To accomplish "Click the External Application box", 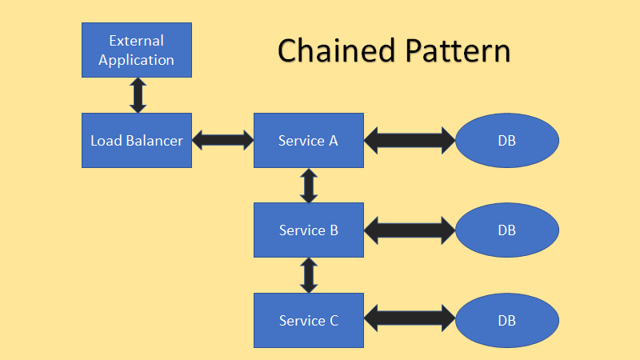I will pyautogui.click(x=137, y=50).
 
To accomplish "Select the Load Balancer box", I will pyautogui.click(x=137, y=140).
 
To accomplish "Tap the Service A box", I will pyautogui.click(x=309, y=140).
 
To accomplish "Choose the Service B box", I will pyautogui.click(x=309, y=230).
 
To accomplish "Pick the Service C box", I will pyautogui.click(x=309, y=320).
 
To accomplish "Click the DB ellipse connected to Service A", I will pyautogui.click(x=506, y=140).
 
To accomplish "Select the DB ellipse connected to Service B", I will pyautogui.click(x=506, y=230).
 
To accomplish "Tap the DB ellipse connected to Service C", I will pyautogui.click(x=506, y=320).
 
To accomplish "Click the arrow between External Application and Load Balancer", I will pyautogui.click(x=138, y=95).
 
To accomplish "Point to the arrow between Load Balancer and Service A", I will pyautogui.click(x=223, y=141).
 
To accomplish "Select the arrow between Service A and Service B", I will pyautogui.click(x=309, y=185).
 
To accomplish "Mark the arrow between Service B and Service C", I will pyautogui.click(x=309, y=274).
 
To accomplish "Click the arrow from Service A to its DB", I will pyautogui.click(x=410, y=141).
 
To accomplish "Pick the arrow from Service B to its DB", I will pyautogui.click(x=410, y=230).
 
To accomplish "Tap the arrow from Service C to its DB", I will pyautogui.click(x=410, y=320).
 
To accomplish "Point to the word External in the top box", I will pyautogui.click(x=137, y=40).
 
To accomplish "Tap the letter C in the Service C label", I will pyautogui.click(x=333, y=321).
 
